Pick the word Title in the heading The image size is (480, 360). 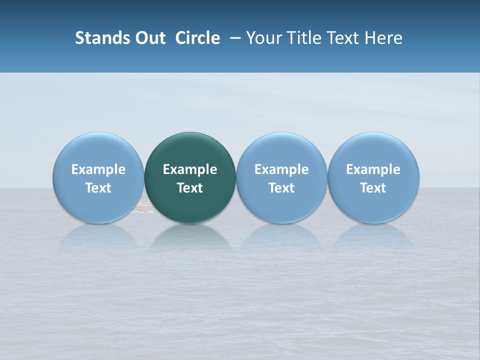point(304,38)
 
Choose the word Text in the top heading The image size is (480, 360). point(343,38)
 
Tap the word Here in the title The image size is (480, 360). point(383,38)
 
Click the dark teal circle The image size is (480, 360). point(190,150)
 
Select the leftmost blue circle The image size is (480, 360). point(98,150)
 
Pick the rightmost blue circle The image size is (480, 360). point(373,150)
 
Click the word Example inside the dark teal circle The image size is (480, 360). point(190,169)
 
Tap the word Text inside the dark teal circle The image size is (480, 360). point(190,188)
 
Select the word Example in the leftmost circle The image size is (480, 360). point(98,169)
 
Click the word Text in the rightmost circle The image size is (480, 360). point(373,188)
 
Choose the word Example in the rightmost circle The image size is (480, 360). point(373,169)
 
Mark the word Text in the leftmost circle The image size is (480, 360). point(98,188)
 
